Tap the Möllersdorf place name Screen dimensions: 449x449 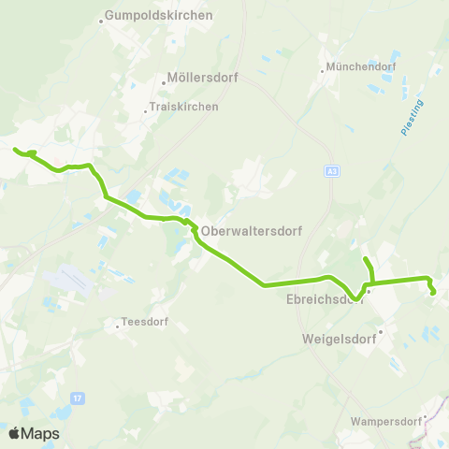tap(192, 79)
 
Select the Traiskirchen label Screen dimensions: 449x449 tap(185, 107)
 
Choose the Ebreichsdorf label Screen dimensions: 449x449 tap(324, 300)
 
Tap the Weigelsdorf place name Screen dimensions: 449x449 tap(340, 339)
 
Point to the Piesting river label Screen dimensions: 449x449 tap(413, 118)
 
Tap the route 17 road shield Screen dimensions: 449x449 tap(78, 398)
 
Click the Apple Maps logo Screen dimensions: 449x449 tap(34, 433)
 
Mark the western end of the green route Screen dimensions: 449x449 tap(14, 150)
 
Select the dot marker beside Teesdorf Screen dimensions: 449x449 tap(118, 326)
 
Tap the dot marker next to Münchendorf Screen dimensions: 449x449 tap(322, 68)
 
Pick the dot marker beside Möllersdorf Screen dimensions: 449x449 tap(164, 80)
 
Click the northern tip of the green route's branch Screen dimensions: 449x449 tap(365, 257)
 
